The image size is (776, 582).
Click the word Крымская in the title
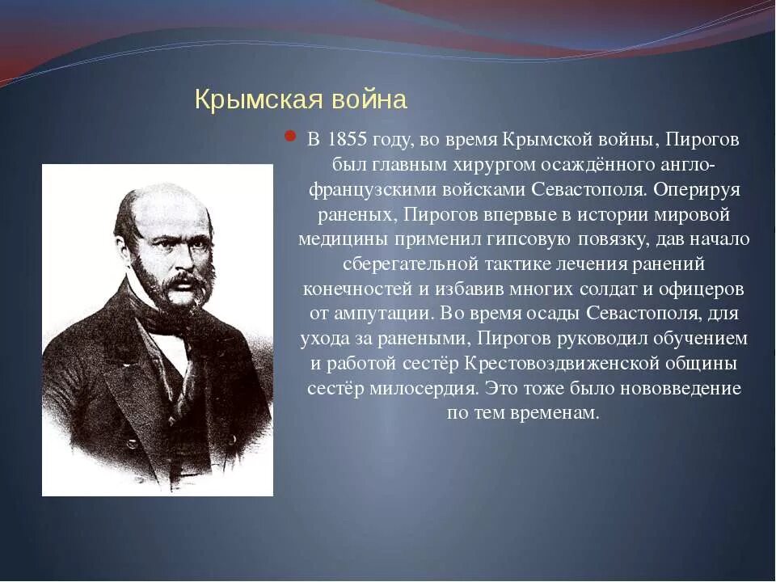[257, 101]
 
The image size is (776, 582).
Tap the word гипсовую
[525, 240]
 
